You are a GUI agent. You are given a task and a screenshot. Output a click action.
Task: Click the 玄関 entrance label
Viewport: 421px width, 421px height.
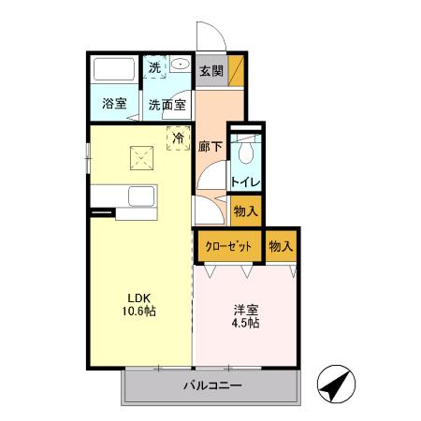(x=210, y=70)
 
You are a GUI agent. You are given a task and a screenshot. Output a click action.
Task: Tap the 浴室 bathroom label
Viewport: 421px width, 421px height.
(x=114, y=104)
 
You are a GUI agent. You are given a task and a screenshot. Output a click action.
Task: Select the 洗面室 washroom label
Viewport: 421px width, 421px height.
(x=167, y=104)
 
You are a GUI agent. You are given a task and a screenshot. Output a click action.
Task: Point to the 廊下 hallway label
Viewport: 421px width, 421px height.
(x=210, y=146)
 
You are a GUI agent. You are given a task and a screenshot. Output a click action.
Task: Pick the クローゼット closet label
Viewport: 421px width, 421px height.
(x=227, y=246)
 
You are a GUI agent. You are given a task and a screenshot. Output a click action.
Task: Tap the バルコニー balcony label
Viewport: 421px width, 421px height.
(x=212, y=385)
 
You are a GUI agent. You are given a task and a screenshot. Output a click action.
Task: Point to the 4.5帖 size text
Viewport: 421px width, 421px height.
(x=245, y=324)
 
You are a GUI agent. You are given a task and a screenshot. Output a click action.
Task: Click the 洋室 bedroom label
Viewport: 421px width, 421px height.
(x=245, y=309)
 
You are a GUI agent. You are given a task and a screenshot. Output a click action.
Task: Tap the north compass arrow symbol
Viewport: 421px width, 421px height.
(x=337, y=385)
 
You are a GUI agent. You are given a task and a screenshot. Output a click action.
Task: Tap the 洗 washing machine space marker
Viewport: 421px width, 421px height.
(x=155, y=66)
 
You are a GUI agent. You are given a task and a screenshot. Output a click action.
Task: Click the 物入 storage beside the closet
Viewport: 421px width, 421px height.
(x=280, y=246)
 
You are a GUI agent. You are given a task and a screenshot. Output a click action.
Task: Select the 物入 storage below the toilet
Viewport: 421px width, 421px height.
(x=245, y=211)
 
